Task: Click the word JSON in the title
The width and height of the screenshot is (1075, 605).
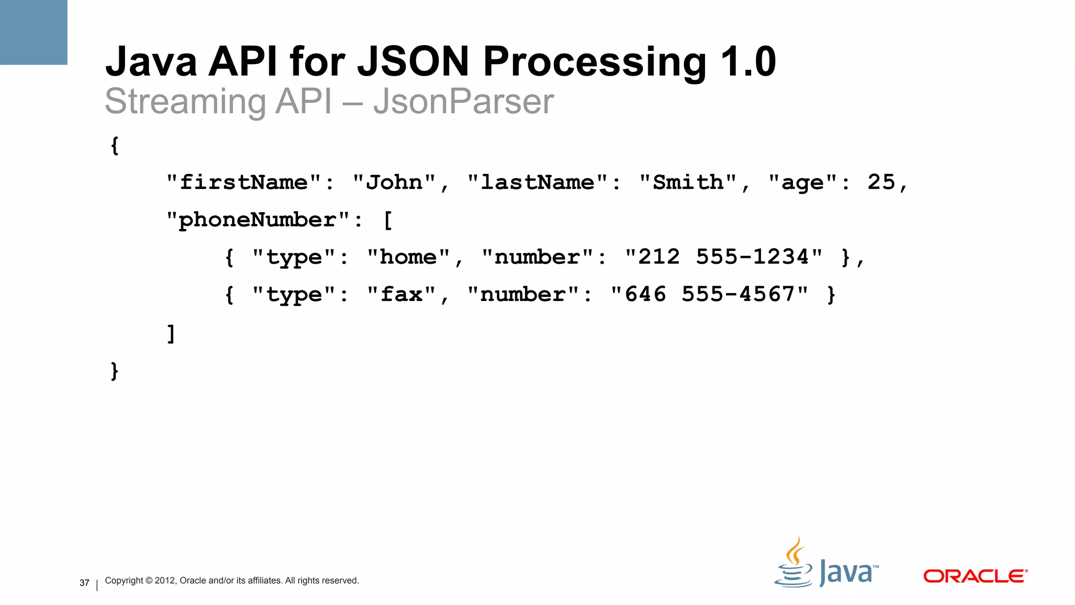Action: point(413,62)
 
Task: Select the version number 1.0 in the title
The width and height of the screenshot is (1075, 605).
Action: point(748,62)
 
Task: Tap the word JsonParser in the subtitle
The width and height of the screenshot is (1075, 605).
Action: point(463,101)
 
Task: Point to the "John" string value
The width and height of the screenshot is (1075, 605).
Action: point(394,183)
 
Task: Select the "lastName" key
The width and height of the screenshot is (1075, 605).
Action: point(537,183)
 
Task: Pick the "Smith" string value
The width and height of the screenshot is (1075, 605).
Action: point(688,183)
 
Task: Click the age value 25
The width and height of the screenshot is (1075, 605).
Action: point(881,182)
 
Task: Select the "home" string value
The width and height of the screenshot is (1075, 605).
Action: point(408,257)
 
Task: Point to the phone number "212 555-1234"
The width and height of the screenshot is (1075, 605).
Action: point(724,257)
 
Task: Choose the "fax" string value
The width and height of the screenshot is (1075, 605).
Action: point(402,295)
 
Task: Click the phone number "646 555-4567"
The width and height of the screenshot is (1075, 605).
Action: point(710,295)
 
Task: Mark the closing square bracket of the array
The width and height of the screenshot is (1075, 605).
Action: point(171,333)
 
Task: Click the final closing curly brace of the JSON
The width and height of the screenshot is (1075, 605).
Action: point(114,371)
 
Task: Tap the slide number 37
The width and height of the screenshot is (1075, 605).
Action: point(85,583)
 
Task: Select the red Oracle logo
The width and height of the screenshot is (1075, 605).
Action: point(975,576)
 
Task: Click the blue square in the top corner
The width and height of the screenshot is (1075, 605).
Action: point(34,32)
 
